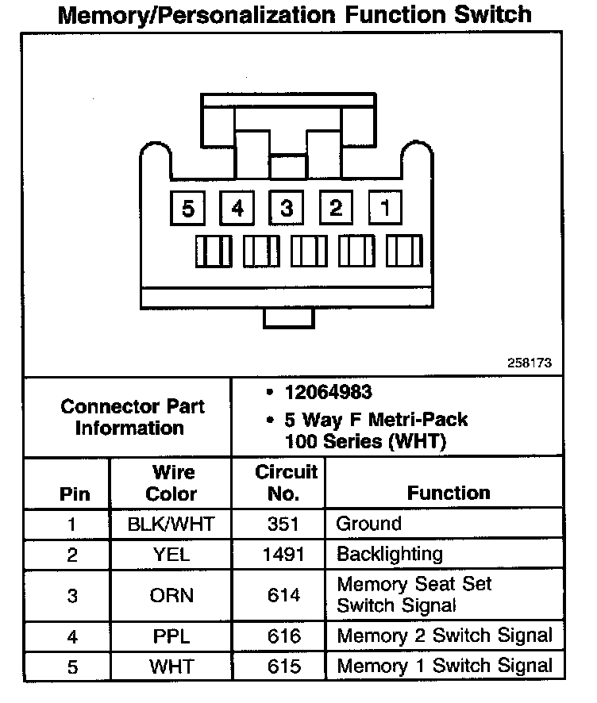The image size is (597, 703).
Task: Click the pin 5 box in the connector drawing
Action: click(x=188, y=208)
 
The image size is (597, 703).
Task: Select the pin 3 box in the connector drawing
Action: click(x=287, y=208)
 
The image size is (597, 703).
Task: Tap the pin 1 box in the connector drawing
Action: click(x=385, y=208)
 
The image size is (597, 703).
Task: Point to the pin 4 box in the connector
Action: click(x=237, y=208)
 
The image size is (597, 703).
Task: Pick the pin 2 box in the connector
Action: click(x=336, y=208)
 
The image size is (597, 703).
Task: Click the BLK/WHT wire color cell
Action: click(x=171, y=524)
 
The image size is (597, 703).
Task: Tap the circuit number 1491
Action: click(x=283, y=555)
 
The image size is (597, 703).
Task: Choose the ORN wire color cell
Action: click(x=171, y=595)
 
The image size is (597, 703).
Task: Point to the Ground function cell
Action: click(x=369, y=524)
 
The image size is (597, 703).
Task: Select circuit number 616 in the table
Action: click(x=283, y=636)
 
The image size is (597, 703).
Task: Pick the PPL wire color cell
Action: click(x=171, y=636)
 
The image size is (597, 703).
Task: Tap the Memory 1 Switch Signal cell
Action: click(x=445, y=666)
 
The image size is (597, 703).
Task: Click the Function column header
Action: click(x=449, y=493)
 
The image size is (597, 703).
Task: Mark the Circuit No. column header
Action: click(x=287, y=482)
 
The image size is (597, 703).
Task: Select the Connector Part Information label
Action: click(x=132, y=417)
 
